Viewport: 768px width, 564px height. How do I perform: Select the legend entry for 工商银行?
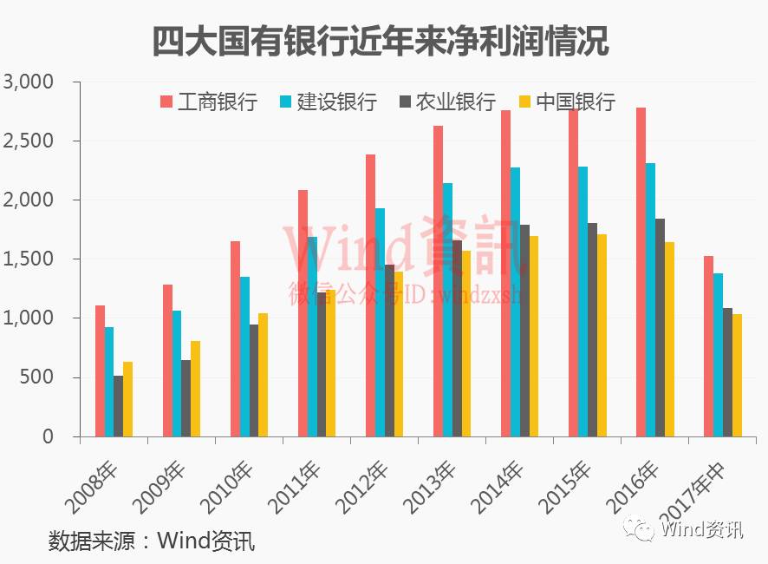[208, 102]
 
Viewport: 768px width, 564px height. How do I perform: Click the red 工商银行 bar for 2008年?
[100, 371]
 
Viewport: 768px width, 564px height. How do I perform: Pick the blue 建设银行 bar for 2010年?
[244, 357]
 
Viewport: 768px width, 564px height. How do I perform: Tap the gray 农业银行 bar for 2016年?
[660, 327]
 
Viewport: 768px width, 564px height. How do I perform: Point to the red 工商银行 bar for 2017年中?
[708, 346]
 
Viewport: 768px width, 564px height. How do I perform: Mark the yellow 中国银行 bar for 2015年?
[602, 335]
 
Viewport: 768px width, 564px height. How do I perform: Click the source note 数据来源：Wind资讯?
[152, 541]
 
